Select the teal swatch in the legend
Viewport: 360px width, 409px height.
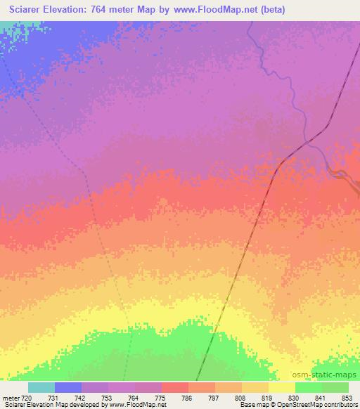41,387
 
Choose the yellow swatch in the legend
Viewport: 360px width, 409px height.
282,387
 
